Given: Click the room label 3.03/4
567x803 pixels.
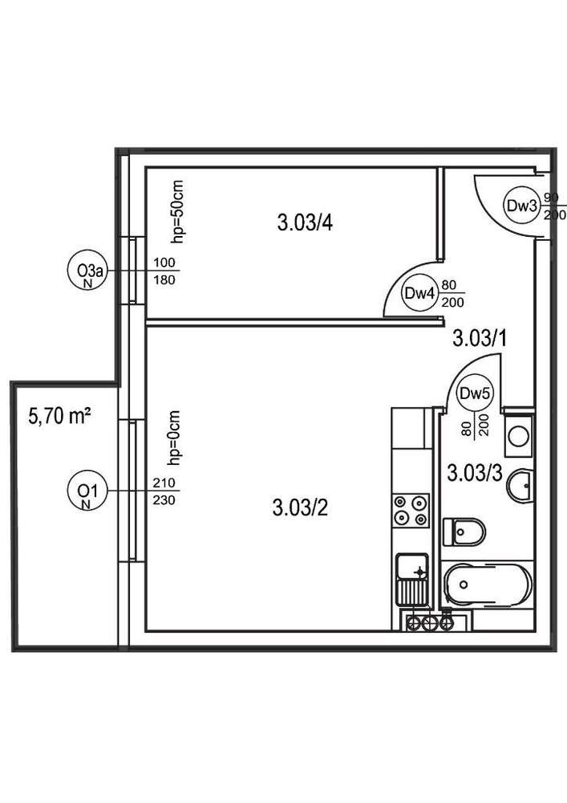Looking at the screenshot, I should (x=305, y=223).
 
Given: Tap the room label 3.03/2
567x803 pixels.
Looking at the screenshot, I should (x=300, y=507).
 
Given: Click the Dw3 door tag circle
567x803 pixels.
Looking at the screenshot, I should (x=520, y=206).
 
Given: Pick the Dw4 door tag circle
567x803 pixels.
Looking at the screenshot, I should (x=419, y=294).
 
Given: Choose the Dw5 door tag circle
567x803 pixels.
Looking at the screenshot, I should (x=474, y=394).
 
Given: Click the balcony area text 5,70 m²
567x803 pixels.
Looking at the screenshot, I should (x=59, y=416).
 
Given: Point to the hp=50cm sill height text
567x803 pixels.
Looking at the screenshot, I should (x=177, y=210).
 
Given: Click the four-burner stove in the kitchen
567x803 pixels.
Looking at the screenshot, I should (x=410, y=510).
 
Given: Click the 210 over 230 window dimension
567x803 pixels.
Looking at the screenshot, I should (x=164, y=491).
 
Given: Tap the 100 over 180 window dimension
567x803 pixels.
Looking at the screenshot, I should (x=164, y=272).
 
